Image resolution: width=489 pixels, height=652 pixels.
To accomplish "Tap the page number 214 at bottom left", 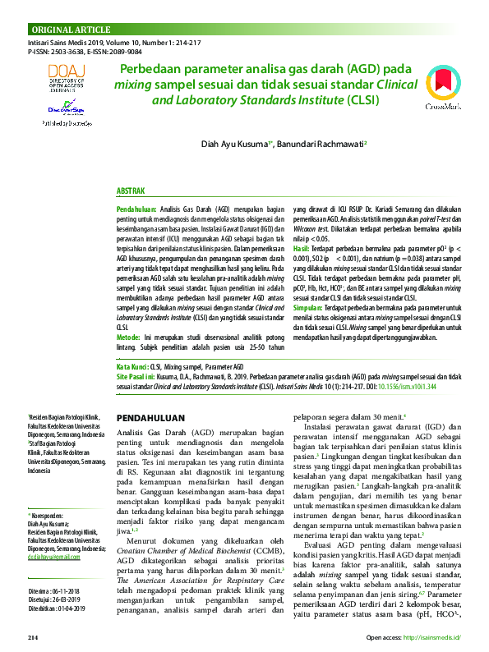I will coord(33,637).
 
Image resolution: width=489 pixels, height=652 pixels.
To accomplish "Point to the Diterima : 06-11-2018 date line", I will coord(54,567).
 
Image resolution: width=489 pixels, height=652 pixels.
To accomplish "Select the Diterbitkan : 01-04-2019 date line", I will coord(58,585).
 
